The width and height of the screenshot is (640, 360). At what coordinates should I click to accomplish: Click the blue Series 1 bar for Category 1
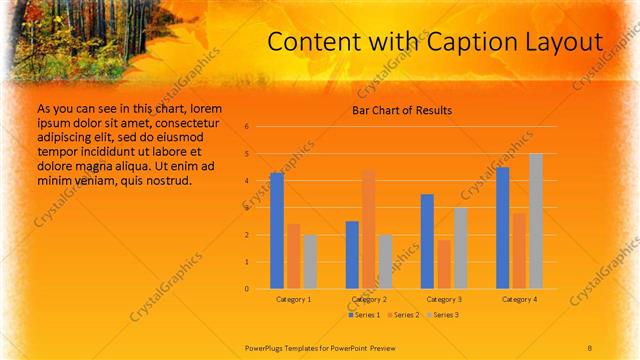(277, 231)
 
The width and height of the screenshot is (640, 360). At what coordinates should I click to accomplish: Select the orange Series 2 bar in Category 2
(369, 230)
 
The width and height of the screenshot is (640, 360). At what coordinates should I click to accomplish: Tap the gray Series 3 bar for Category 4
(536, 221)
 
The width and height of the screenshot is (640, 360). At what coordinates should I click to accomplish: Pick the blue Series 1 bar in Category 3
(427, 241)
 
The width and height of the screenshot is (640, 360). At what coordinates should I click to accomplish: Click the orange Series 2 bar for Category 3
(444, 264)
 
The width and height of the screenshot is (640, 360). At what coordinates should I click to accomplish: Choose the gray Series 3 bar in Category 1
(310, 262)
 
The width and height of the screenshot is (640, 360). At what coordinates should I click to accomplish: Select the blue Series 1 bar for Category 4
(503, 228)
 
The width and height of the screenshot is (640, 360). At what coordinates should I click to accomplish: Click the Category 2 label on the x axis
(369, 299)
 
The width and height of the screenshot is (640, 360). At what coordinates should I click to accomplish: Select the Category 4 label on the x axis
(519, 299)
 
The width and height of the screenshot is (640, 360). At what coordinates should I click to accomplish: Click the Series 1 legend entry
(364, 315)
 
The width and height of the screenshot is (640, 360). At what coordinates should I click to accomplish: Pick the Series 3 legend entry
(443, 315)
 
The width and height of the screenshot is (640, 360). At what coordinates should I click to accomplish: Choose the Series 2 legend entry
(403, 315)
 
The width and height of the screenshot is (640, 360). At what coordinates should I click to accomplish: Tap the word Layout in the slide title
(567, 42)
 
